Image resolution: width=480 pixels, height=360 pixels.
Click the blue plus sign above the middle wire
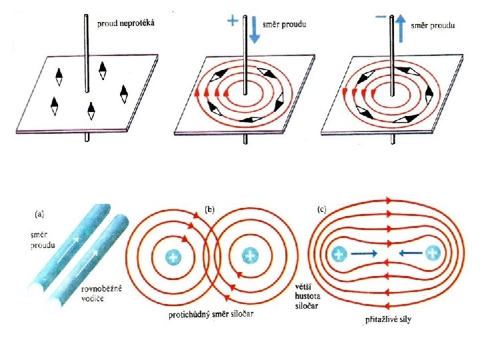coord(233,21)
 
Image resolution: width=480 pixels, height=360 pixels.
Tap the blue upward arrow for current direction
coord(400,27)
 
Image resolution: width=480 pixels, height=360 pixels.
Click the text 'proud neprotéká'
coord(126,23)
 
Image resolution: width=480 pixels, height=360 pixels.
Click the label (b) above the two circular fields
coord(209,209)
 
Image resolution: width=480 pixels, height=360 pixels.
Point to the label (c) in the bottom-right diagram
coord(322,209)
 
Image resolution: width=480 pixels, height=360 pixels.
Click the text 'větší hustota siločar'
coord(307,293)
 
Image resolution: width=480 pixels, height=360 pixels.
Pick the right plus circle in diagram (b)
coord(250,255)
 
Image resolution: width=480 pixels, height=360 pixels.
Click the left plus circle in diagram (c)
coord(339,254)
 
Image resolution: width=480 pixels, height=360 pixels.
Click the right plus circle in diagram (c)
coord(433,253)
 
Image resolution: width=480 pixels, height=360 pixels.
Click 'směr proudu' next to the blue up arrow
coord(433,25)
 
